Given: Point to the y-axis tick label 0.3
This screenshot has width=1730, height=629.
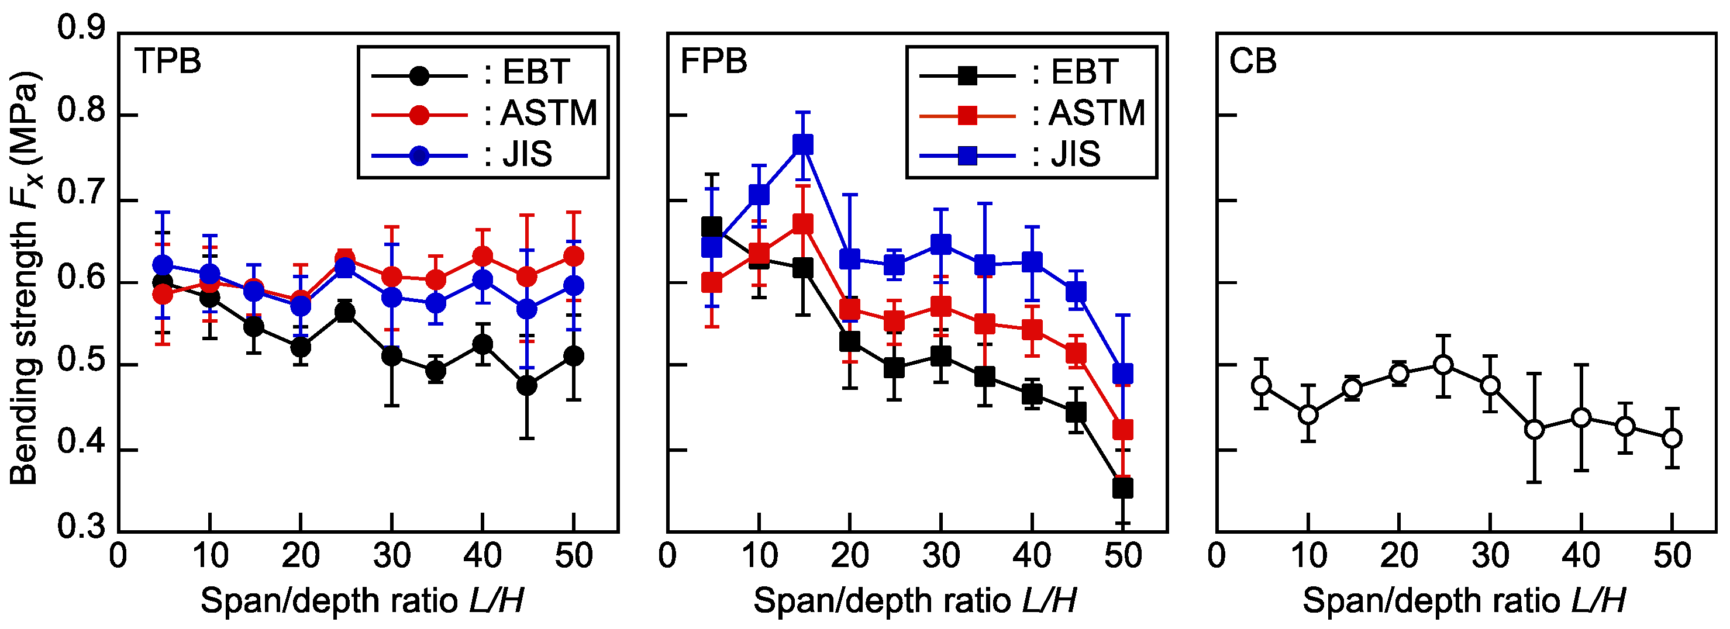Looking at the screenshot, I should (81, 527).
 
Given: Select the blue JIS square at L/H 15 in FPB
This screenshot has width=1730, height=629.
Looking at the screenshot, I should (803, 145).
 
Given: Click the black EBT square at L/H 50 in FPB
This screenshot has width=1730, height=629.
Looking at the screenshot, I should (1123, 488).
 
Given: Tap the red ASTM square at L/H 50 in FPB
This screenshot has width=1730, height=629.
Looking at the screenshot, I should (1123, 430).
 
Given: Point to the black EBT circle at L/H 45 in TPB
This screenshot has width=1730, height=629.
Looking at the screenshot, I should (527, 386).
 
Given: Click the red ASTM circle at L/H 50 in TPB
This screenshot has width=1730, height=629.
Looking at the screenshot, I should (574, 257).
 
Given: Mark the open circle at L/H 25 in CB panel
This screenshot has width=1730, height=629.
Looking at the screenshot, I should (1443, 365).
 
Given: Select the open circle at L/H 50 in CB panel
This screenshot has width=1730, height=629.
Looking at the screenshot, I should (1672, 438).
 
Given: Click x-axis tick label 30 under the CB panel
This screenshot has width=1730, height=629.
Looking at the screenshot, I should (1490, 556).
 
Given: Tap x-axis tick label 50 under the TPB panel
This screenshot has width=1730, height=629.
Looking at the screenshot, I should (574, 556).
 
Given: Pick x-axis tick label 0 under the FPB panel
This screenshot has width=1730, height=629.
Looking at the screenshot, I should (667, 556).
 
